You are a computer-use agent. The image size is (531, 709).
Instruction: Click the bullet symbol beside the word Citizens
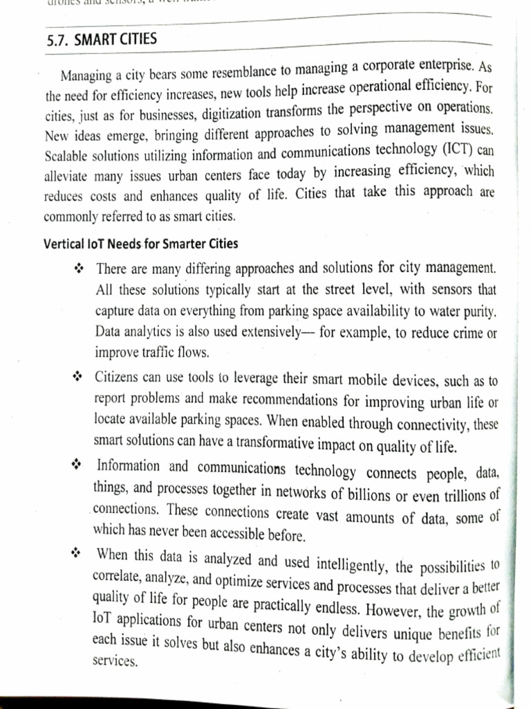78,377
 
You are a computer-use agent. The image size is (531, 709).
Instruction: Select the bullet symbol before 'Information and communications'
77,465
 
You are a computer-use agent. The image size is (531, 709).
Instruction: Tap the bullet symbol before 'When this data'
76,554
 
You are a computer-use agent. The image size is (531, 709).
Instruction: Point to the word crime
464,332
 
